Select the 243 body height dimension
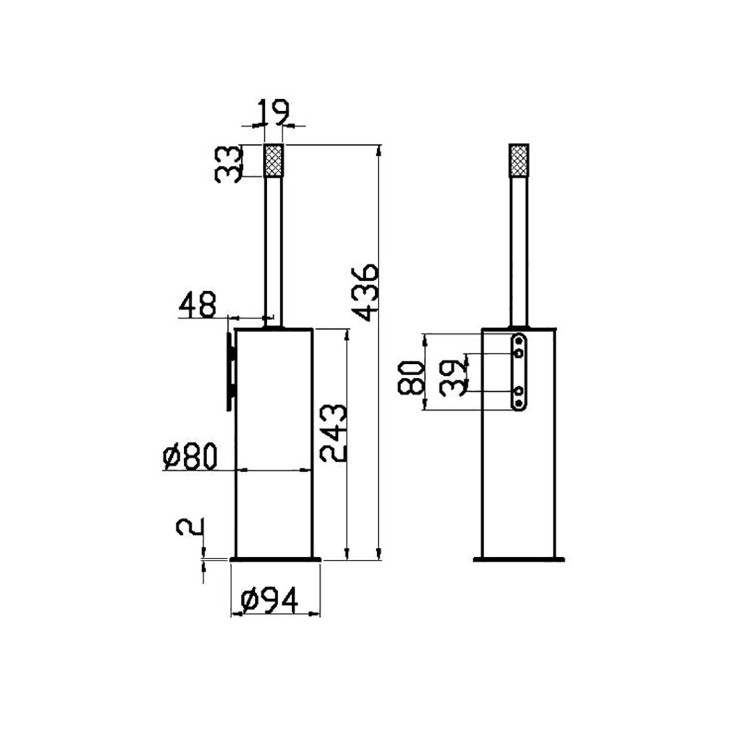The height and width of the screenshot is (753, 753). tap(333, 433)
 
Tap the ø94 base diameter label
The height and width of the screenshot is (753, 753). tap(269, 600)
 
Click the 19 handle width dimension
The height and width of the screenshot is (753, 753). tap(273, 112)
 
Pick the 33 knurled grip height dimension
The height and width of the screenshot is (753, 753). tap(227, 165)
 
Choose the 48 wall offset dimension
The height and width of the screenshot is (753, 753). tap(197, 305)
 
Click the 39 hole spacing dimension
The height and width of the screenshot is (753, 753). tap(454, 378)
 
